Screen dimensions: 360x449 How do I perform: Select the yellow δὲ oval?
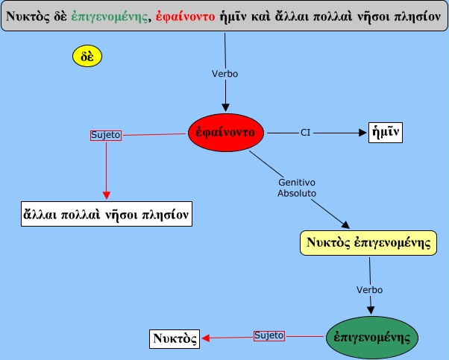click(x=87, y=56)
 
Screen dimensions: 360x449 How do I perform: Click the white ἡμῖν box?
click(x=386, y=133)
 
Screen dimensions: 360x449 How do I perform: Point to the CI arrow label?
click(x=305, y=133)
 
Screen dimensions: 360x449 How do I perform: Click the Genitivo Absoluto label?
click(x=297, y=187)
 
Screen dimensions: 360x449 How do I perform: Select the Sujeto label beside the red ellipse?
click(x=105, y=136)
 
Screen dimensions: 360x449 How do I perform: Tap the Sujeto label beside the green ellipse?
click(x=269, y=336)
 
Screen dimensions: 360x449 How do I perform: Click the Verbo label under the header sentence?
click(x=224, y=74)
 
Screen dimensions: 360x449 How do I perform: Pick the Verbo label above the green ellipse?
click(x=369, y=288)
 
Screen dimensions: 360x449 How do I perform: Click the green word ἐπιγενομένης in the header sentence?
click(x=110, y=16)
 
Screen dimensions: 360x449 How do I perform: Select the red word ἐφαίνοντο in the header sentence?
click(x=183, y=16)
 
